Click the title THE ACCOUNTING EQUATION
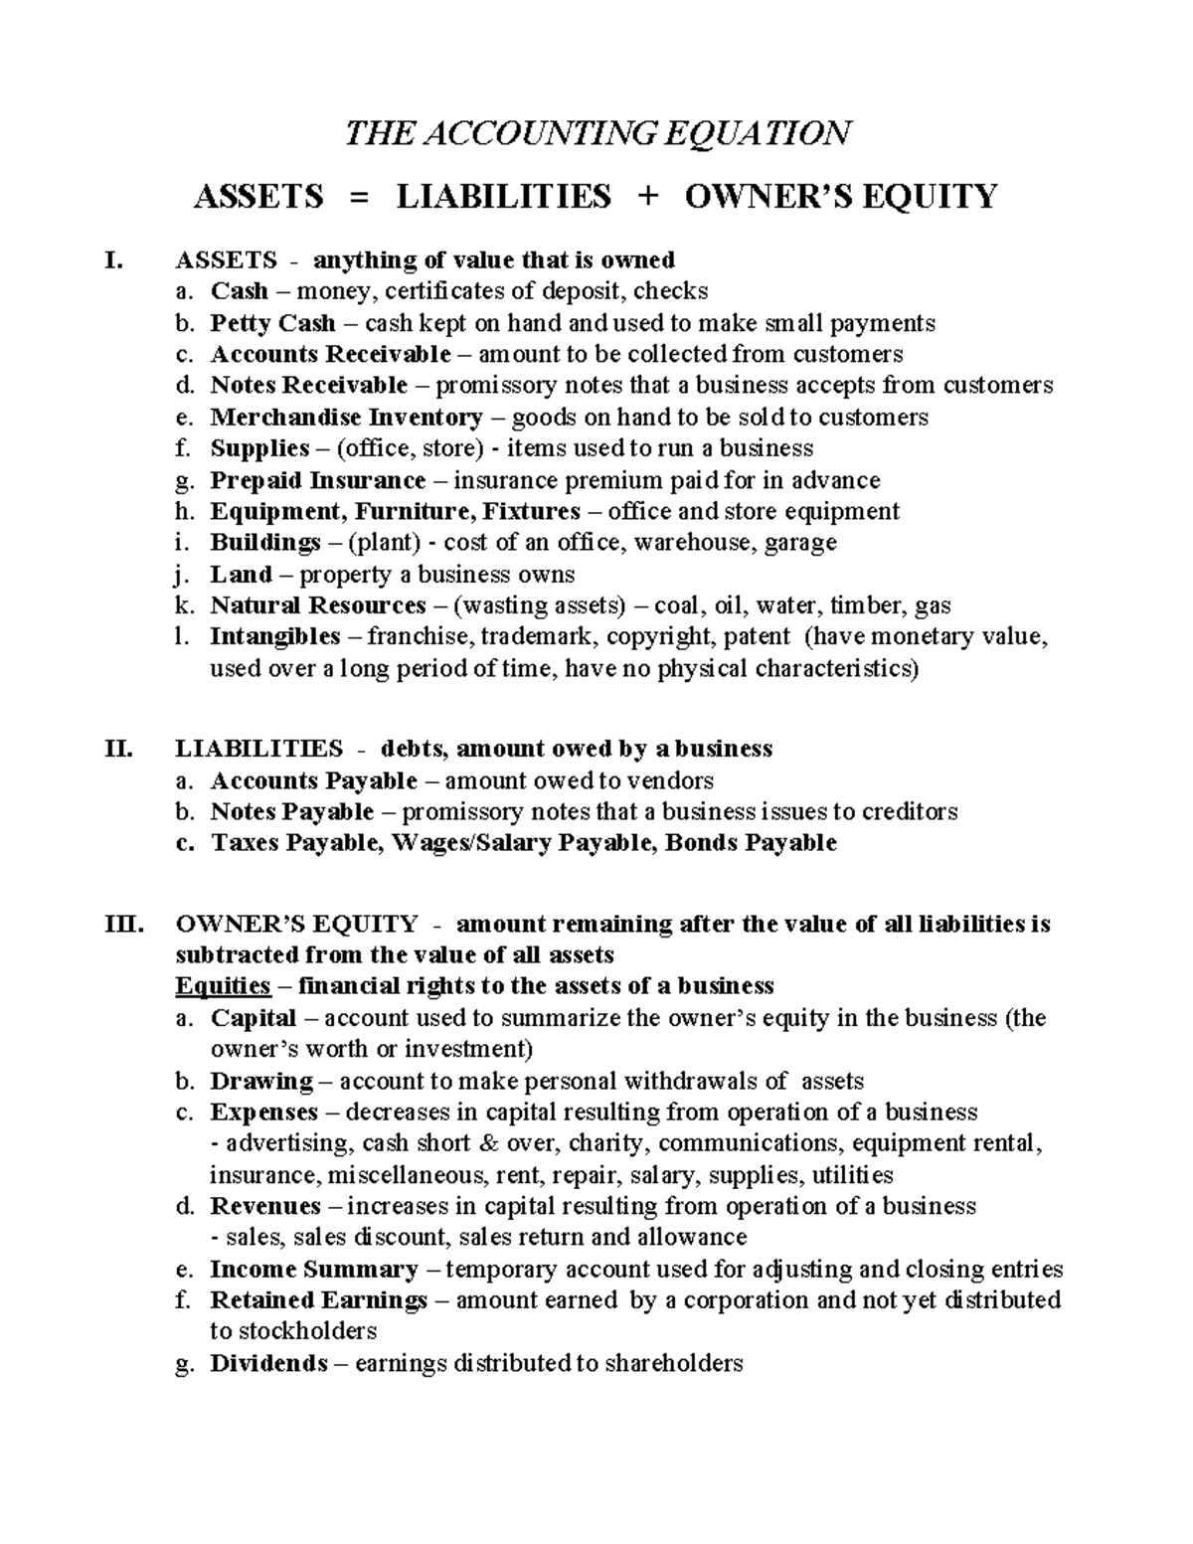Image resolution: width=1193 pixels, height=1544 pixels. coord(597,132)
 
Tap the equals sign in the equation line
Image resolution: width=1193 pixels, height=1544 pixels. coord(359,197)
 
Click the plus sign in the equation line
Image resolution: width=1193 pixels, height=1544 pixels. coord(647,197)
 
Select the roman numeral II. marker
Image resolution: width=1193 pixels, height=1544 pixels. coord(118,749)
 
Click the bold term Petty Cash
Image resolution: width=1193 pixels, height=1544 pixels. coord(272,323)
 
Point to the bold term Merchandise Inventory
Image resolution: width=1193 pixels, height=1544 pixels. coord(346,418)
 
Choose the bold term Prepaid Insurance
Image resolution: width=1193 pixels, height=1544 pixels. coord(317,481)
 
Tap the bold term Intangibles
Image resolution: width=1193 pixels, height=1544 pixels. coord(274,637)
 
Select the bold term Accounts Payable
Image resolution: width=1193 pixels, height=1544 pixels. coord(313,781)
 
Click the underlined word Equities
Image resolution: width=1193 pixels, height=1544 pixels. coord(223,986)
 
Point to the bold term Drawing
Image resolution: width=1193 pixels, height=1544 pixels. coord(260,1082)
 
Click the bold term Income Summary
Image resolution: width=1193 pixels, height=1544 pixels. coord(313,1270)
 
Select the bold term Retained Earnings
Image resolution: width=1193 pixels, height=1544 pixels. coord(318,1301)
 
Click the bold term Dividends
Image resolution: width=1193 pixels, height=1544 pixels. coord(268,1364)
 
